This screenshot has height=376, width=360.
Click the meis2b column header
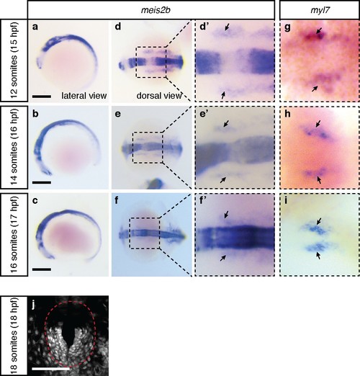(156, 11)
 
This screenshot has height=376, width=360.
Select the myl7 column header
(320, 11)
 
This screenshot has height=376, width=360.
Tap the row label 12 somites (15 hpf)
(14, 60)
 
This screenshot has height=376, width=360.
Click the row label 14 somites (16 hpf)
(14, 147)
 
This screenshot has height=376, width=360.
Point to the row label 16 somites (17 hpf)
(14, 235)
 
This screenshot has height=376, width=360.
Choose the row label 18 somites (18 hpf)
(14, 336)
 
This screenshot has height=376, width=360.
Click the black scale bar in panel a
(42, 97)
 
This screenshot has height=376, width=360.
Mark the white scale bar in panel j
(50, 368)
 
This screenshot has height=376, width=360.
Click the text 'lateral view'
(84, 96)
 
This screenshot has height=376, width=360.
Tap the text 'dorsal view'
(159, 96)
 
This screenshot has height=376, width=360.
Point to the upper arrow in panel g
(319, 30)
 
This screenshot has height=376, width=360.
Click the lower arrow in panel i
(318, 255)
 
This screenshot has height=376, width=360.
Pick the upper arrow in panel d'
(227, 27)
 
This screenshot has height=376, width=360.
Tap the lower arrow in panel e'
(223, 180)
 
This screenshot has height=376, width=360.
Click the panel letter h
(287, 114)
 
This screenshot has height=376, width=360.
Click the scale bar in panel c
(42, 269)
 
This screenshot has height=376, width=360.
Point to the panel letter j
(34, 305)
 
